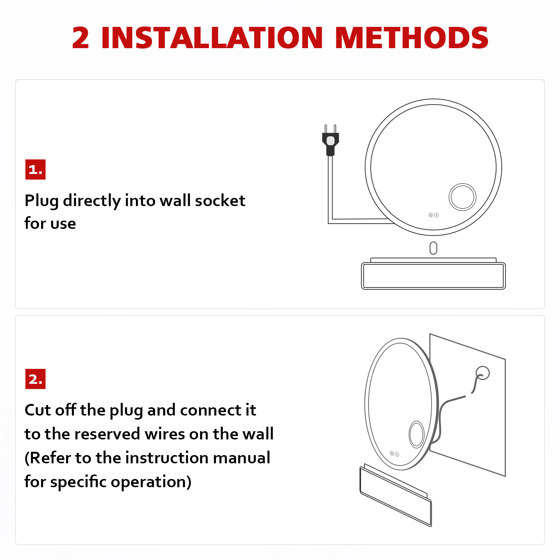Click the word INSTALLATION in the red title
click(212, 38)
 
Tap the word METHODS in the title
click(412, 38)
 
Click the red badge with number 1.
click(35, 169)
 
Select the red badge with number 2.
click(35, 379)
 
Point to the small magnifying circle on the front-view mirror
click(463, 197)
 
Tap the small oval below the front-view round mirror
click(433, 248)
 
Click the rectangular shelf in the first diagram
click(433, 274)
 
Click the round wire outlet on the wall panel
click(483, 373)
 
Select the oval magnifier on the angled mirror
click(417, 434)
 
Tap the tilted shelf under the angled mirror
click(396, 495)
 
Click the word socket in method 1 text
click(220, 201)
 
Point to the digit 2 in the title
click(81, 38)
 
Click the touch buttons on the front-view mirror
click(433, 215)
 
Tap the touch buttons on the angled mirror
click(394, 454)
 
